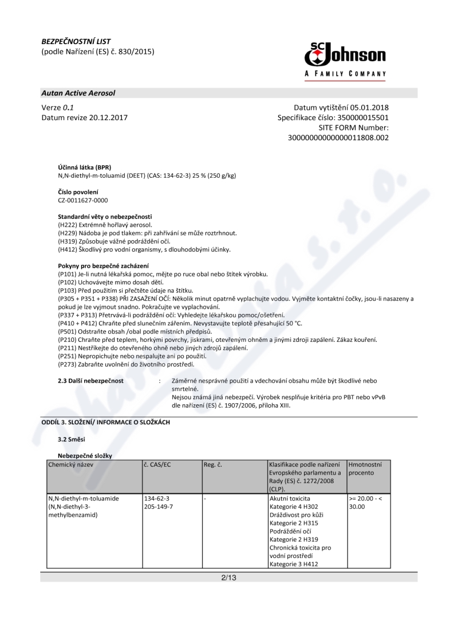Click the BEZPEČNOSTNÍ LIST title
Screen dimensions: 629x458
coord(76,42)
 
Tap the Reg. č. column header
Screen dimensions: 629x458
coord(212,464)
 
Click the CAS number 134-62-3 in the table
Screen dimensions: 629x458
coord(156,499)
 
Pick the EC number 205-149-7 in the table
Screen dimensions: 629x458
coord(159,507)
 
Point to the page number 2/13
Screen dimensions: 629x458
coord(228,578)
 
